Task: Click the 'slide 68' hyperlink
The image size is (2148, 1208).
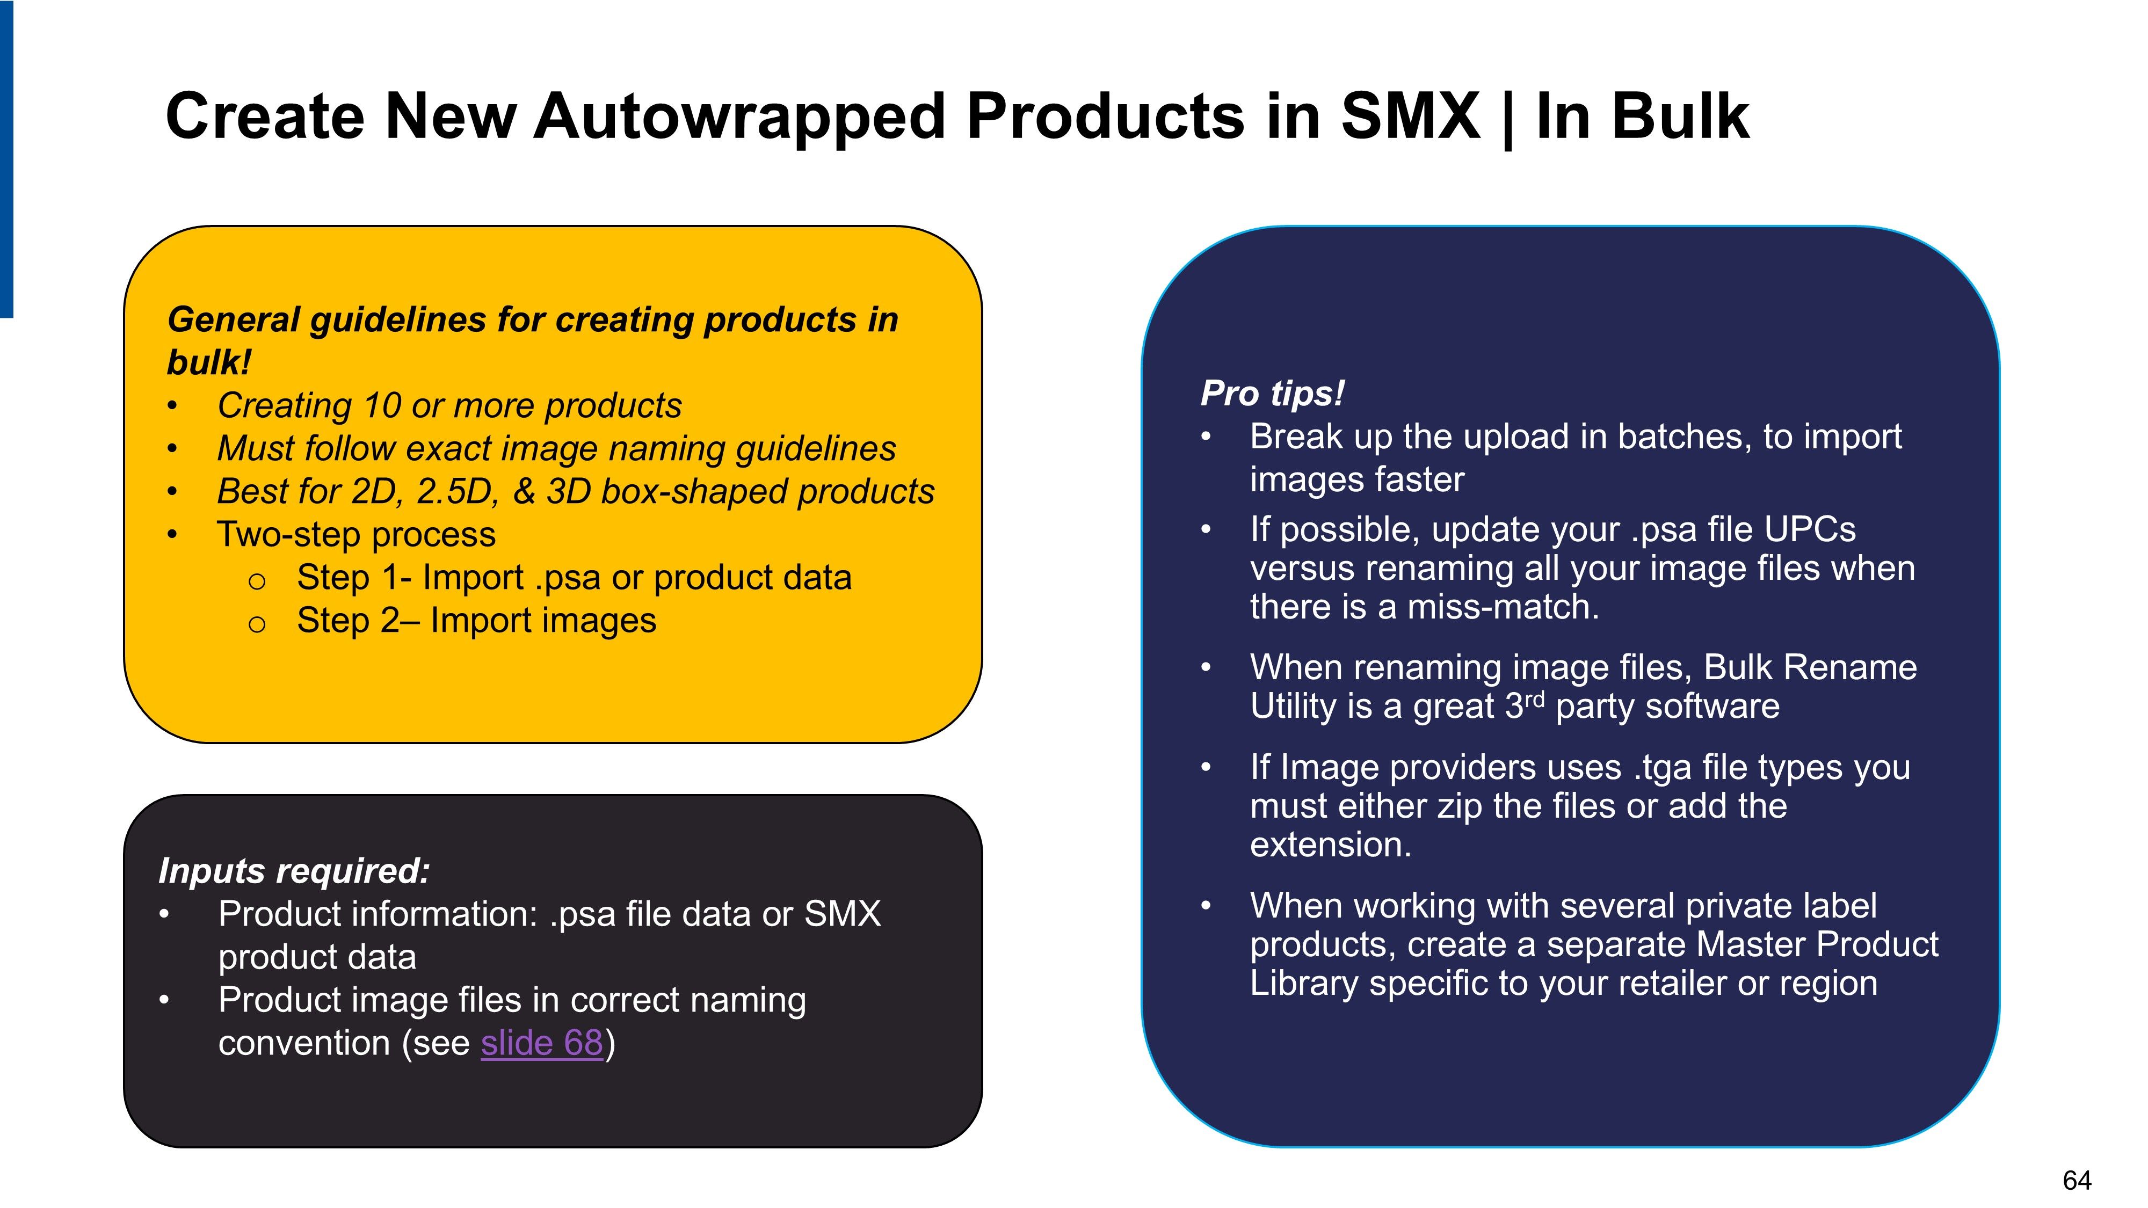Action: [x=541, y=1043]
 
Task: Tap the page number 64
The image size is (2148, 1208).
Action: [x=2077, y=1181]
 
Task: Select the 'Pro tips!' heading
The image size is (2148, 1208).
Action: [x=1272, y=394]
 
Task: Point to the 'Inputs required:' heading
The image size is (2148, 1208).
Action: [x=294, y=871]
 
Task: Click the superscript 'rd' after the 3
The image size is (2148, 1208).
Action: [x=1534, y=698]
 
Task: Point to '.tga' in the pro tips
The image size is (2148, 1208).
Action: [x=1663, y=768]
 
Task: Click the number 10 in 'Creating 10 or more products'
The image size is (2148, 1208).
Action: [x=383, y=406]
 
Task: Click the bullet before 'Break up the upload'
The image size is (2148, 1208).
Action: [x=1206, y=437]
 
